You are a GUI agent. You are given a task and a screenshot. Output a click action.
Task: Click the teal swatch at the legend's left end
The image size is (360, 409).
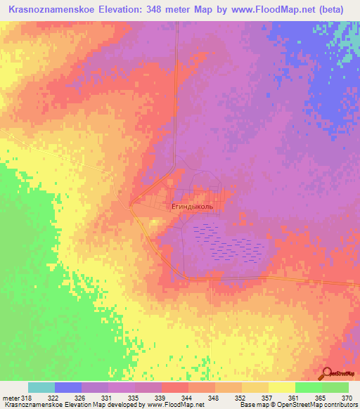41,387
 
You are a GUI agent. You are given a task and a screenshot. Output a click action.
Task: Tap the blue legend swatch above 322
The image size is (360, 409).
68,387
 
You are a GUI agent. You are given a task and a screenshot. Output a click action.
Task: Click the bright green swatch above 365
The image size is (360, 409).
309,387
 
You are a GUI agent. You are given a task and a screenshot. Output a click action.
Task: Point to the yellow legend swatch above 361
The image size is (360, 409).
282,387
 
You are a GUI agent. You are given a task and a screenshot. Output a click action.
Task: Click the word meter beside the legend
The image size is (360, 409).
10,398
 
